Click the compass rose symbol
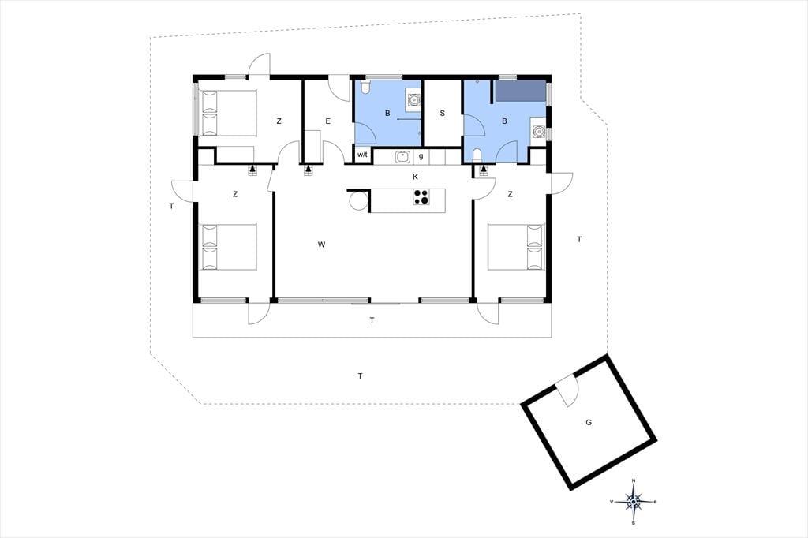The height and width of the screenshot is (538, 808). pyautogui.click(x=634, y=502)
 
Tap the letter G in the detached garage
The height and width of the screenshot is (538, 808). pyautogui.click(x=589, y=423)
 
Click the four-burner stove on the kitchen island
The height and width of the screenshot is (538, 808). pyautogui.click(x=421, y=196)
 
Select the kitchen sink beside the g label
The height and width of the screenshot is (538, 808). pyautogui.click(x=402, y=156)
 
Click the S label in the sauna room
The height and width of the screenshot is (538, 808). pyautogui.click(x=442, y=114)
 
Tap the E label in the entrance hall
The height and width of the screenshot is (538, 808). pyautogui.click(x=327, y=121)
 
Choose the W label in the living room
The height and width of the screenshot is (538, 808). pyautogui.click(x=322, y=245)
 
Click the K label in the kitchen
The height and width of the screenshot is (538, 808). pyautogui.click(x=415, y=177)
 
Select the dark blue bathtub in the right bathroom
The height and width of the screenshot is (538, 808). pyautogui.click(x=521, y=91)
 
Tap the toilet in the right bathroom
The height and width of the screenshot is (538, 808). pyautogui.click(x=477, y=156)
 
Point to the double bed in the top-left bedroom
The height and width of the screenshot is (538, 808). pyautogui.click(x=228, y=114)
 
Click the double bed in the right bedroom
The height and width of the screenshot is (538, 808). pyautogui.click(x=516, y=247)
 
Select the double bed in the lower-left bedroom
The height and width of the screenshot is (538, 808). pyautogui.click(x=228, y=247)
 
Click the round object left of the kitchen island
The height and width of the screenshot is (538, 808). pyautogui.click(x=357, y=200)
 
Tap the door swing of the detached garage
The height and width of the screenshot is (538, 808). pyautogui.click(x=569, y=390)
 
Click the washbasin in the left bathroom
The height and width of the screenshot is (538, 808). pyautogui.click(x=412, y=99)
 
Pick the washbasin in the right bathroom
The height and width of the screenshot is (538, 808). pyautogui.click(x=539, y=130)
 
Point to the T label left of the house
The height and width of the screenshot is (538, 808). pyautogui.click(x=171, y=207)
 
